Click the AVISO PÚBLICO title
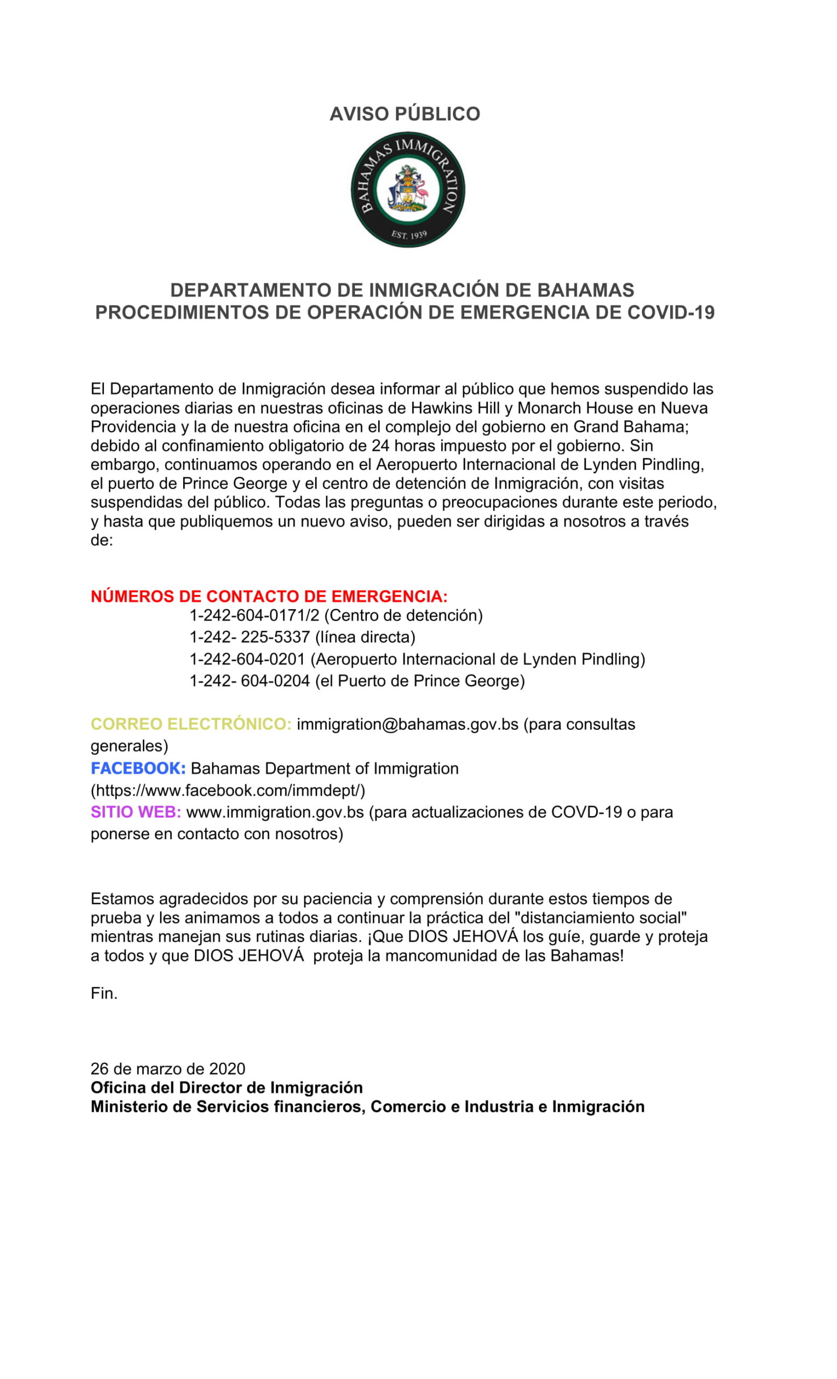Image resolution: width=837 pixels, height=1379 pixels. [x=404, y=114]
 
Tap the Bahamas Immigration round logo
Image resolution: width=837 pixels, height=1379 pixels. [x=408, y=190]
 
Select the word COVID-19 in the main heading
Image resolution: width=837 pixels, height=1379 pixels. [x=671, y=312]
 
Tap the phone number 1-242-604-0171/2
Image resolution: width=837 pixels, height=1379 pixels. [x=254, y=616]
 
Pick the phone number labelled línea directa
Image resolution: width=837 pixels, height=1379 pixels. [x=249, y=637]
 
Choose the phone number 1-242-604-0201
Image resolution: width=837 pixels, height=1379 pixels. [x=247, y=659]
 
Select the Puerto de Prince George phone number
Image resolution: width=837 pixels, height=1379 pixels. [x=249, y=681]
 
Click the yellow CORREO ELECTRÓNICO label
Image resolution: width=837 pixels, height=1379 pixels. [x=191, y=724]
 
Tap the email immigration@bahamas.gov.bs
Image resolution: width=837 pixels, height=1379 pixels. [x=407, y=724]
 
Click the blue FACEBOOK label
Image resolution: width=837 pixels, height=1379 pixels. [x=138, y=768]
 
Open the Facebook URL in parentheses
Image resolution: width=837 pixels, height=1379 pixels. [x=228, y=790]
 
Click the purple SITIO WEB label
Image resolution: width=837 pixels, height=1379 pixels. [x=136, y=812]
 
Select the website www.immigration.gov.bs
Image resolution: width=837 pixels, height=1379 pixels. [x=275, y=812]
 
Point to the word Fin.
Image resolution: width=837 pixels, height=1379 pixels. [x=104, y=993]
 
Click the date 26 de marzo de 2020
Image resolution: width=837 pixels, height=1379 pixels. [x=168, y=1069]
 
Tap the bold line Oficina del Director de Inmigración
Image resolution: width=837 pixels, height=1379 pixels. [x=227, y=1088]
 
